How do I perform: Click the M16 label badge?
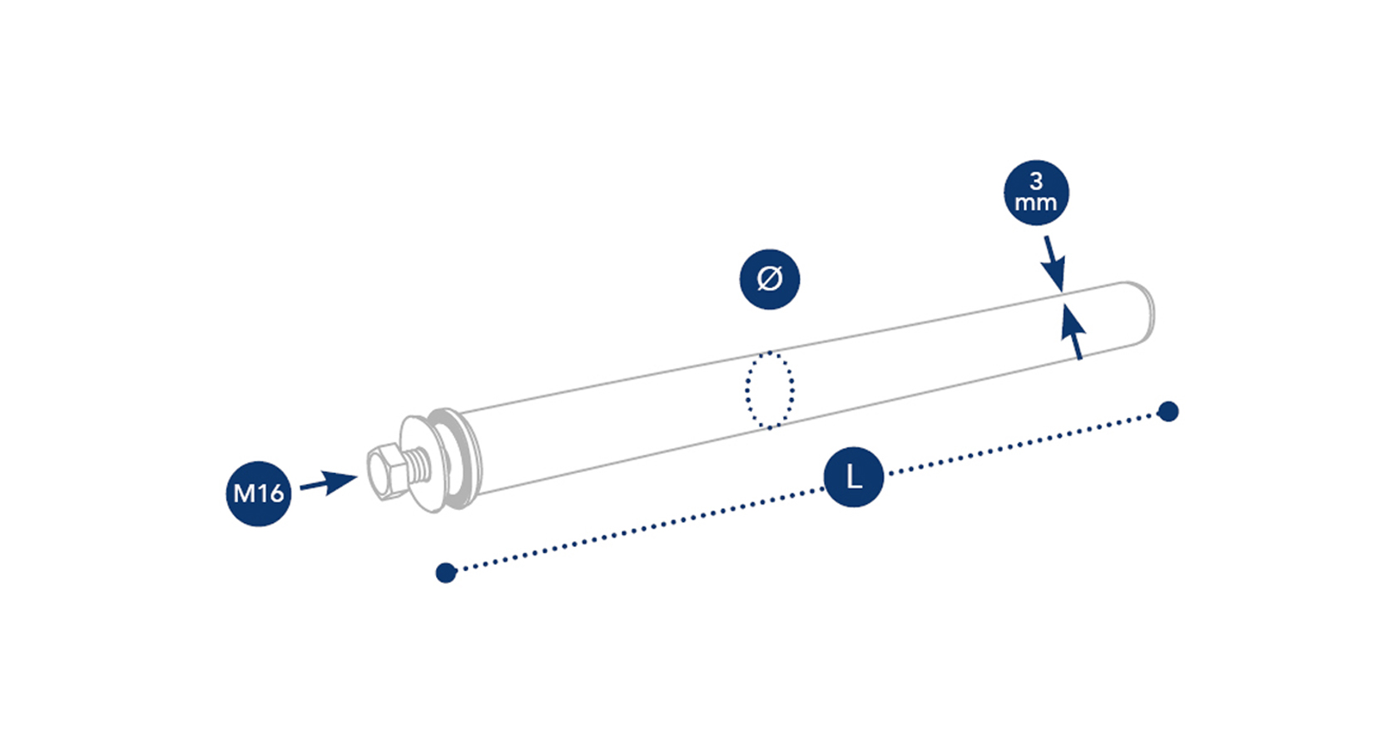tap(259, 493)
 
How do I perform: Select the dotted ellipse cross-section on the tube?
tap(769, 390)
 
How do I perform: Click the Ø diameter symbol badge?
tap(770, 279)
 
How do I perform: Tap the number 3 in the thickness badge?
tap(1036, 181)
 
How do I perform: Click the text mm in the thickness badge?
tap(1036, 202)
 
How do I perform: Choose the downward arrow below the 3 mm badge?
tap(1054, 262)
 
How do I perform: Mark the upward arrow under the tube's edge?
tap(1073, 333)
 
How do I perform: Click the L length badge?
tap(853, 477)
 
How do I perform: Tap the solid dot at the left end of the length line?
tap(446, 572)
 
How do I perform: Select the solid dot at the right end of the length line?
tap(1168, 411)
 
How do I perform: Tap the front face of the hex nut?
tap(379, 475)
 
